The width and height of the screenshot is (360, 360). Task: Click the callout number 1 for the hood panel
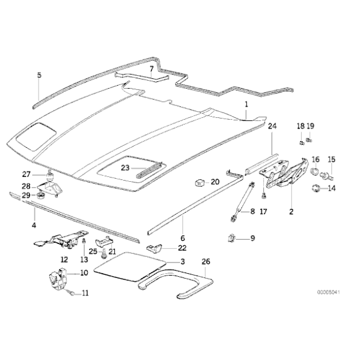246,104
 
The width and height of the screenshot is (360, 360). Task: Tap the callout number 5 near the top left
38,75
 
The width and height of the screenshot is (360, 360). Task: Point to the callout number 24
271,127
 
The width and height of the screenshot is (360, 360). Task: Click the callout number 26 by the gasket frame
206,261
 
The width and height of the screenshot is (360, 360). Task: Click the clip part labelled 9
232,237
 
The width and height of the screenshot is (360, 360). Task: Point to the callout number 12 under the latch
63,259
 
